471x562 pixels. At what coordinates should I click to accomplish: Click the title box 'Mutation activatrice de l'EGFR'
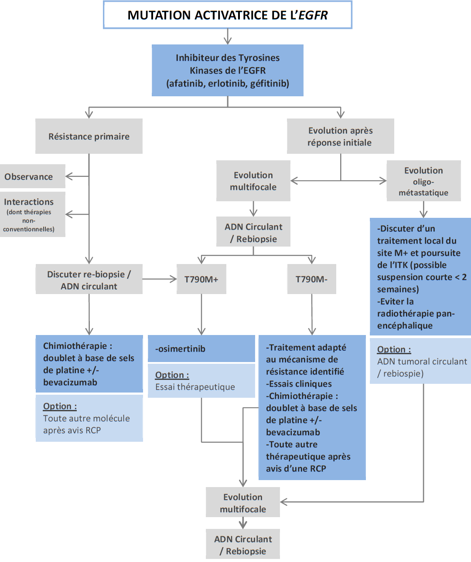click(227, 15)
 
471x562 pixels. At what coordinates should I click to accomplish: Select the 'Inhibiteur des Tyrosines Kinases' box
click(227, 70)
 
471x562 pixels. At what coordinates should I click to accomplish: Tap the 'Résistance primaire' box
click(89, 136)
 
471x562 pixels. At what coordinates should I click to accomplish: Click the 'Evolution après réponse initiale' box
click(340, 136)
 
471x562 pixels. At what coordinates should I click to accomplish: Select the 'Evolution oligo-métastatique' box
click(423, 181)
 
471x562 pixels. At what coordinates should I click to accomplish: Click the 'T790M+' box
click(201, 279)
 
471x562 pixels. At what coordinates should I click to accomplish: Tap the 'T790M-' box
click(311, 279)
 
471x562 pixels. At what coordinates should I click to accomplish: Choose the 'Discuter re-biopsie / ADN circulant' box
click(89, 280)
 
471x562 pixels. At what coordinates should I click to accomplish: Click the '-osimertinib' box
click(201, 349)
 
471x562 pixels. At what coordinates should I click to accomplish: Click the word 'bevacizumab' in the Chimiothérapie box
click(70, 383)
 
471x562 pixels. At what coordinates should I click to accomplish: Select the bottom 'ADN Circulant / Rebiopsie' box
click(243, 545)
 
